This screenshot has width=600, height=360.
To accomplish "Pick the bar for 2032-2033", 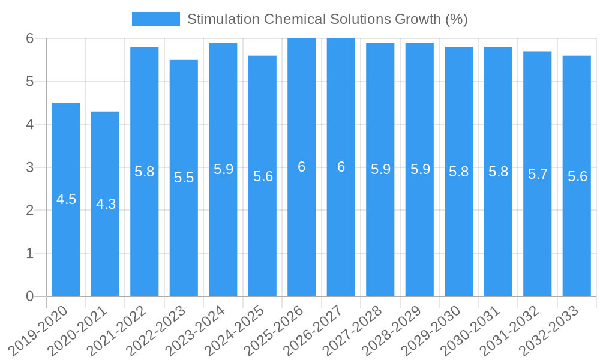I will point(577,240).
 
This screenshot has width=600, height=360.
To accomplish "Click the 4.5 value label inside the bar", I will point(66,199).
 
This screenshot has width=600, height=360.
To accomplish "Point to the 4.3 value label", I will point(106,204).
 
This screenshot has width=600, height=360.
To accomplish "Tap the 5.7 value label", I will point(538,174).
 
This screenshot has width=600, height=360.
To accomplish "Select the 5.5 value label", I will point(184,178).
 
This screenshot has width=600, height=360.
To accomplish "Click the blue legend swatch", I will point(155,19).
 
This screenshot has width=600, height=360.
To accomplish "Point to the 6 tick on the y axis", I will point(29,38).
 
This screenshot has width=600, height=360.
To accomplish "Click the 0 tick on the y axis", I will point(29,296).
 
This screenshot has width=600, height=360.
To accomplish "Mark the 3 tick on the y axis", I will point(29,167).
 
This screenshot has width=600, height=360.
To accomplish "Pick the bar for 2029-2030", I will point(459,240).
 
